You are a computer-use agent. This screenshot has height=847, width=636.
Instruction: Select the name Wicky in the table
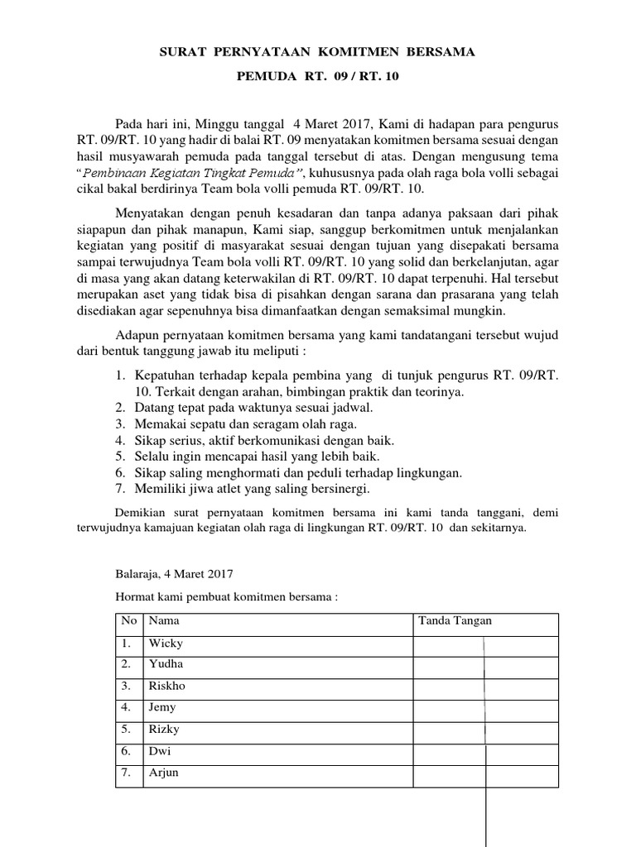pyautogui.click(x=166, y=643)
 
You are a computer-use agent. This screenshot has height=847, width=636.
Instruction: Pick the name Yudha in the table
pyautogui.click(x=166, y=664)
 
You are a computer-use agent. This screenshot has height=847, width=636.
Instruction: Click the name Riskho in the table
pyautogui.click(x=168, y=686)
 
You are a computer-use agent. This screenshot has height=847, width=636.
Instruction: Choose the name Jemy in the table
pyautogui.click(x=162, y=707)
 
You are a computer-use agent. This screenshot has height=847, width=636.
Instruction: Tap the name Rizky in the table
pyautogui.click(x=164, y=730)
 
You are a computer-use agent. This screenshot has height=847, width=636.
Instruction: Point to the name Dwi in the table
pyautogui.click(x=159, y=751)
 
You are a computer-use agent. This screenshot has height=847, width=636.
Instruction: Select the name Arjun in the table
pyautogui.click(x=163, y=773)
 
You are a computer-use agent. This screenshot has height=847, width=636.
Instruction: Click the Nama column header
pyautogui.click(x=163, y=621)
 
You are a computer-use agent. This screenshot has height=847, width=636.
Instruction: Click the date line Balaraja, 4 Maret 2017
pyautogui.click(x=174, y=572)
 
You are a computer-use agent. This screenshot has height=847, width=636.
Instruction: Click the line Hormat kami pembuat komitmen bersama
pyautogui.click(x=226, y=596)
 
